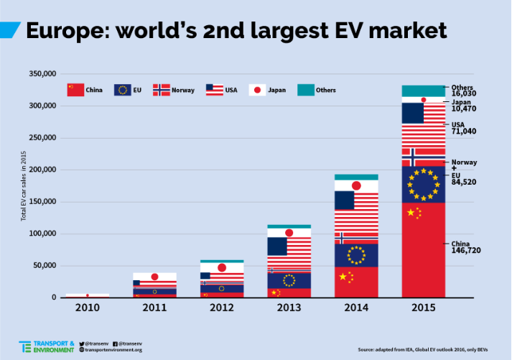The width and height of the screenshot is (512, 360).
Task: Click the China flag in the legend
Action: (x=70, y=90)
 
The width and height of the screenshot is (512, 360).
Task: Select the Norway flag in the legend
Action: (x=161, y=90)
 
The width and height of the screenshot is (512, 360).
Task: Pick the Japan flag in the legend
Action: (x=257, y=90)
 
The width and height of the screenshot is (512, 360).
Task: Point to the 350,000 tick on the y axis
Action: (x=42, y=74)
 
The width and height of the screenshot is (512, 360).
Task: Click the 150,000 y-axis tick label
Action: (x=42, y=202)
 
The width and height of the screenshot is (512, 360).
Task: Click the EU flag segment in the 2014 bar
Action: (x=356, y=255)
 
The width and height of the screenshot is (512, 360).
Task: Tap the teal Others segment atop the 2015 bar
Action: (x=423, y=91)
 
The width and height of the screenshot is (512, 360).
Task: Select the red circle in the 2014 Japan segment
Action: (x=356, y=186)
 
